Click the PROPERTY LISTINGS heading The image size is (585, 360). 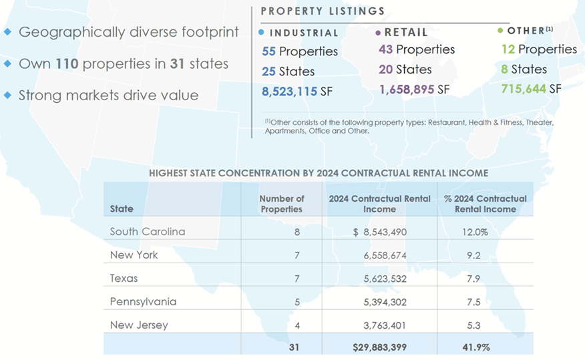(322, 11)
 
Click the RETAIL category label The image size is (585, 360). (406, 31)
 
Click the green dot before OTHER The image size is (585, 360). (500, 31)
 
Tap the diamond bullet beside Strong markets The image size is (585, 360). (7, 95)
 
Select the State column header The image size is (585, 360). (122, 209)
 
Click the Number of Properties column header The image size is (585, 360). (281, 204)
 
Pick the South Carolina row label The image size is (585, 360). (148, 232)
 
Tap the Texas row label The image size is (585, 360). (124, 278)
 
